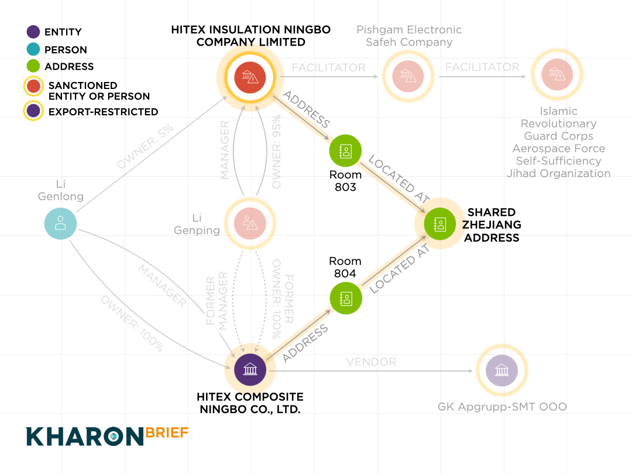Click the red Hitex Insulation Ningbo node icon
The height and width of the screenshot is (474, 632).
250,77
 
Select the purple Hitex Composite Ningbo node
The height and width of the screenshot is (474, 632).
250,370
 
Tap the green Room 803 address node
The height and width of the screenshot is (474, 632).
345,151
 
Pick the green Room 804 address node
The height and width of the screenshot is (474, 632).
346,298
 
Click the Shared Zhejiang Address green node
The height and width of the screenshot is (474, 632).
439,224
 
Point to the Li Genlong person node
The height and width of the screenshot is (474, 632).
60,224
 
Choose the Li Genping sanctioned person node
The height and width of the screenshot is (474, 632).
250,224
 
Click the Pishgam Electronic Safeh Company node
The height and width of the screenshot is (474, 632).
408,76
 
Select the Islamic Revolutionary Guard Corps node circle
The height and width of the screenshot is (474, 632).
558,74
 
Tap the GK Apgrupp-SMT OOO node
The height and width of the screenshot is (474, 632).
502,370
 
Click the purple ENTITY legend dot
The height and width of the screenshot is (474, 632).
33,32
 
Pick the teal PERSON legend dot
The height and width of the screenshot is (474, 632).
33,49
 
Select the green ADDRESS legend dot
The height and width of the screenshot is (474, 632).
33,66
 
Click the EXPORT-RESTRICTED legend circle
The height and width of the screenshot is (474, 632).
33,111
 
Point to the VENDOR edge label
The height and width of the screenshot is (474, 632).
371,362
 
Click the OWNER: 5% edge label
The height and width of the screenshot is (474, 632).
146,146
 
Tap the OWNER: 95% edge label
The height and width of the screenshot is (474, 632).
276,152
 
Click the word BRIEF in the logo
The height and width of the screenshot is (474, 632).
167,433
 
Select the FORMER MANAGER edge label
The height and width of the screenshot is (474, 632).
217,300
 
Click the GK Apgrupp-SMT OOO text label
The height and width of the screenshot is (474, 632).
502,407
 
